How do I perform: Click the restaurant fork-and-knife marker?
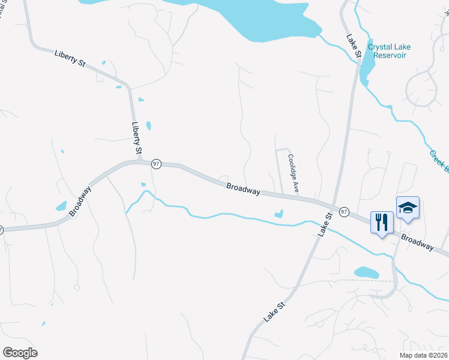[x=381, y=223]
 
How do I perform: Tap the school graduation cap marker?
[x=408, y=208]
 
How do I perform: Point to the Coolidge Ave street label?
[x=292, y=173]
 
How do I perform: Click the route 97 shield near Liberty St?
[x=156, y=164]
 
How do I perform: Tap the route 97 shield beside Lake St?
[x=344, y=212]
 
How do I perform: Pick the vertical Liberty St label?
[x=137, y=137]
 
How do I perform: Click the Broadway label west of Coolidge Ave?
[x=243, y=189]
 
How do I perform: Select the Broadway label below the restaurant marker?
[x=417, y=243]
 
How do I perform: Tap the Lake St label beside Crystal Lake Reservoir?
[x=353, y=46]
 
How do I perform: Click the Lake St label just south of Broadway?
[x=324, y=224]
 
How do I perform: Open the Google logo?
[x=20, y=353]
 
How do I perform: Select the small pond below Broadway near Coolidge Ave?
[x=279, y=213]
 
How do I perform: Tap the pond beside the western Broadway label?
[x=61, y=206]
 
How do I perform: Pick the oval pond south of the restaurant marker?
[x=366, y=272]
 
